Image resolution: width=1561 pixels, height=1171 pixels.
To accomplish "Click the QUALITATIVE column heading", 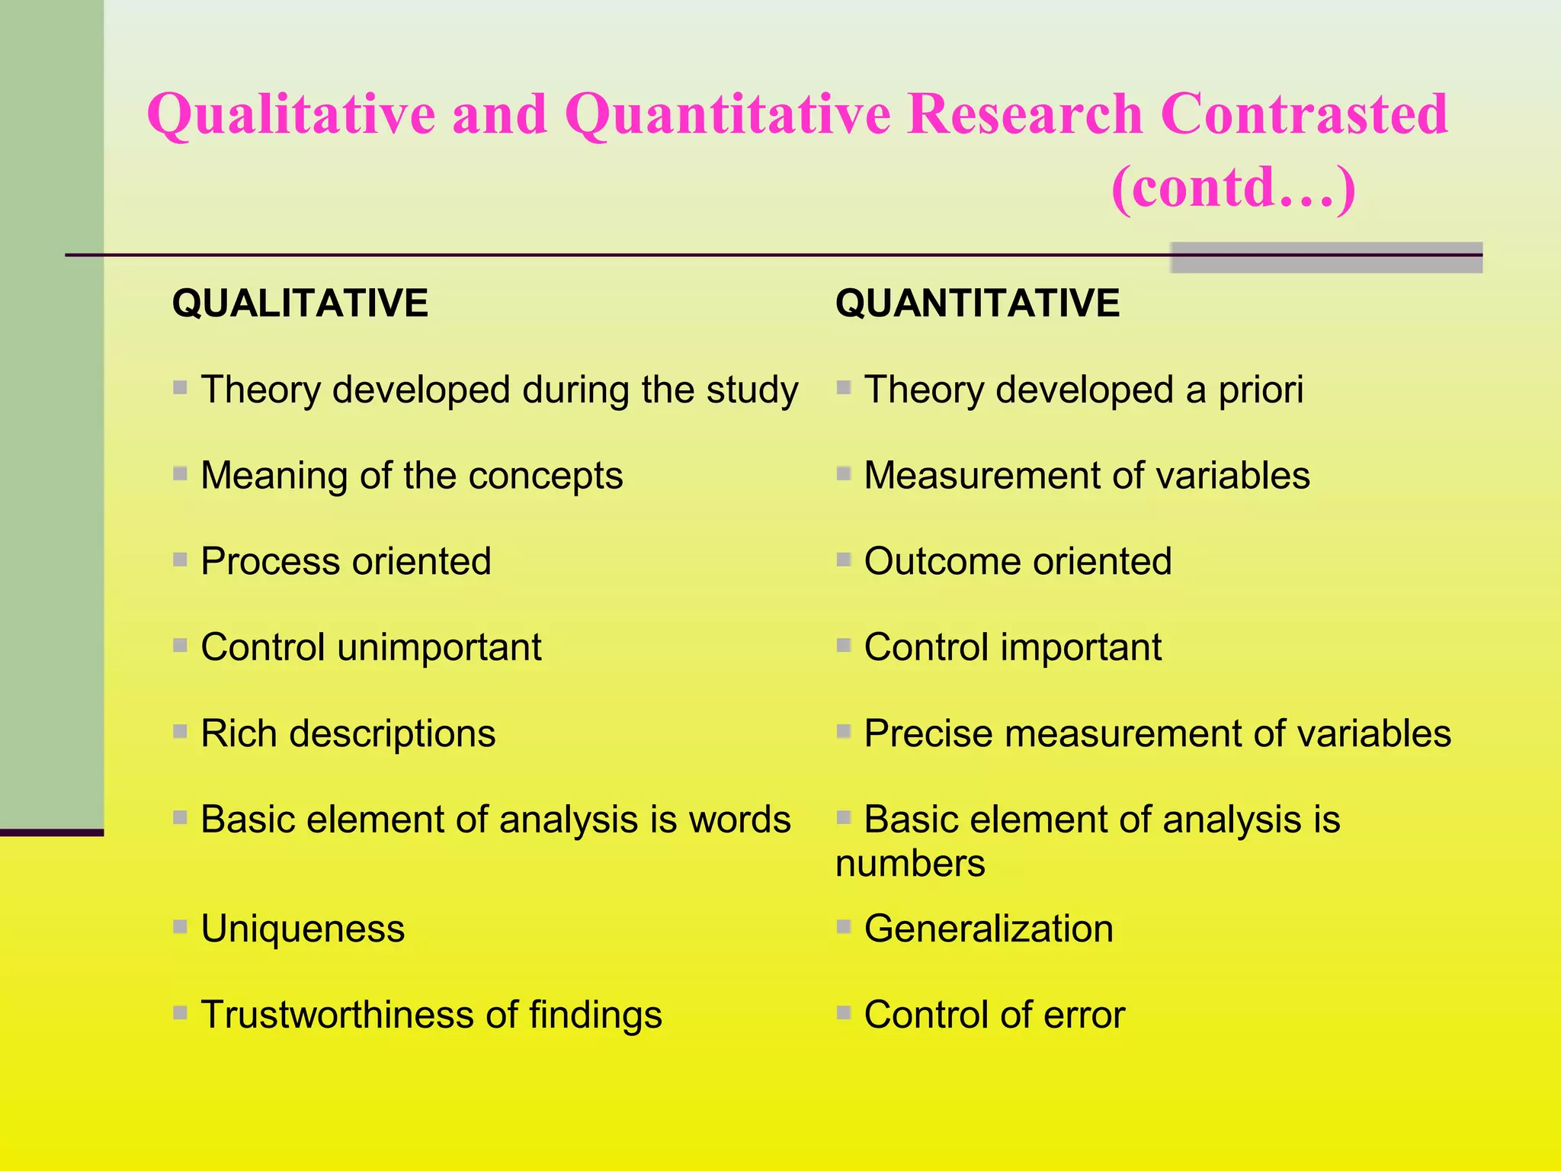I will pyautogui.click(x=300, y=303).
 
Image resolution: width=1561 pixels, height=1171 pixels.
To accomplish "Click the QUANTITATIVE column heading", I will pyautogui.click(x=977, y=303).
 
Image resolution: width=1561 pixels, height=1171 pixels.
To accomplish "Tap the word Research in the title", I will pyautogui.click(x=1024, y=114).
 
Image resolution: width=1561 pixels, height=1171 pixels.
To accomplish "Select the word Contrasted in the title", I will pyautogui.click(x=1303, y=114).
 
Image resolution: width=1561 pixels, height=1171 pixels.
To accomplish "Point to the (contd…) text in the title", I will pyautogui.click(x=1233, y=188).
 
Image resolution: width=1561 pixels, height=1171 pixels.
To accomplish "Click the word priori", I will pyautogui.click(x=1261, y=390).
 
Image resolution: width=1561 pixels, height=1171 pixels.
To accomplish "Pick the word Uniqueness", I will pyautogui.click(x=303, y=929).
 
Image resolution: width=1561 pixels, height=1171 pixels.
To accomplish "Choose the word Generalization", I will pyautogui.click(x=989, y=929).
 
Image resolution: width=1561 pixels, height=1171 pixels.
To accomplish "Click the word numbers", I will pyautogui.click(x=910, y=864).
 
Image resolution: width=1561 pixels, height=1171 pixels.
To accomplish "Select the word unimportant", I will pyautogui.click(x=439, y=648).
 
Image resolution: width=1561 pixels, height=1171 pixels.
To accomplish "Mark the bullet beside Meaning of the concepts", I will pyautogui.click(x=181, y=474).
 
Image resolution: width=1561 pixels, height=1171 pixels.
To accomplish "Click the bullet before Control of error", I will pyautogui.click(x=844, y=1013).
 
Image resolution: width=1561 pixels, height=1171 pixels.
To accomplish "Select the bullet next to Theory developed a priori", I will pyautogui.click(x=844, y=388).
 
